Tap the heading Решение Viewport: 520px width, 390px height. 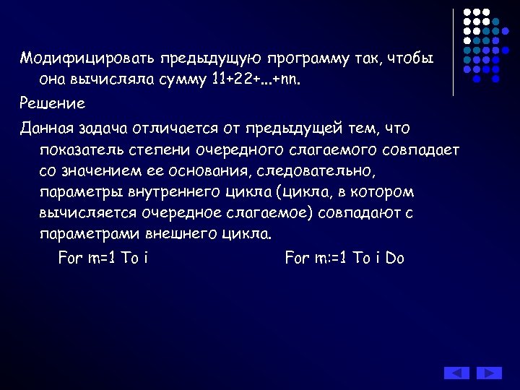tap(52, 103)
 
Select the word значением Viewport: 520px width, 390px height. tap(103, 171)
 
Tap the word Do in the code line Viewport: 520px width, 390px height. tap(394, 258)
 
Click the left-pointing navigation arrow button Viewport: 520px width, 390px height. tap(456, 373)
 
